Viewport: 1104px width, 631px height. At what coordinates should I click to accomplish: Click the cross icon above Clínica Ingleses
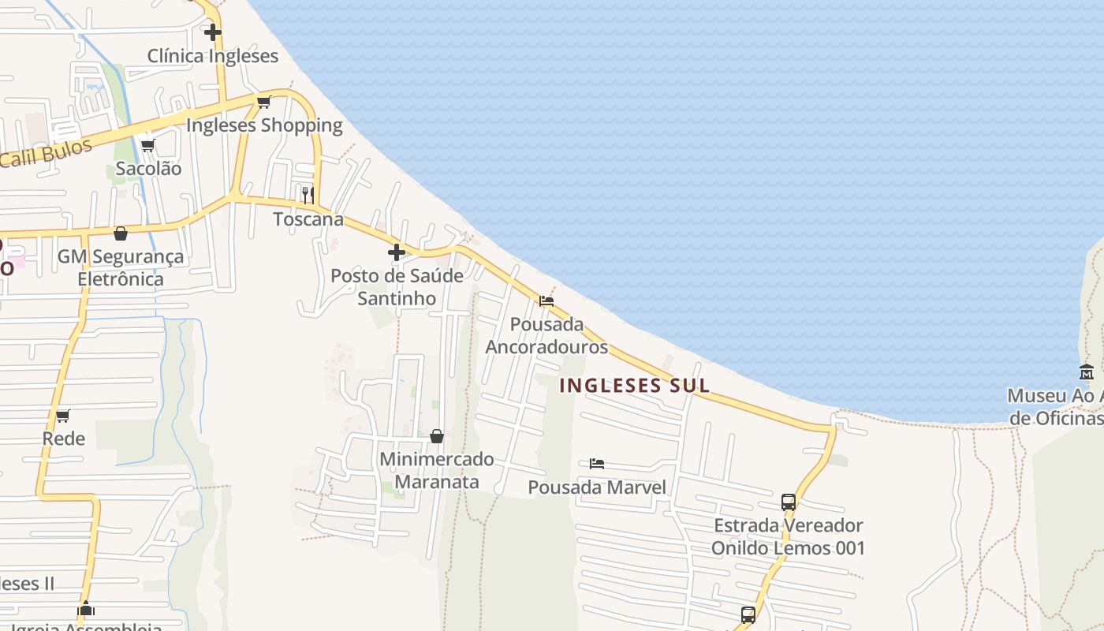point(213,32)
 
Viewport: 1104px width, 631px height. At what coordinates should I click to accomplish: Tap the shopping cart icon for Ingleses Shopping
point(264,102)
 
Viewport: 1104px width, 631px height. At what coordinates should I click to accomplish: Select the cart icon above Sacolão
point(147,145)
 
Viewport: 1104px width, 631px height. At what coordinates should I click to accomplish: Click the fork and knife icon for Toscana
point(308,194)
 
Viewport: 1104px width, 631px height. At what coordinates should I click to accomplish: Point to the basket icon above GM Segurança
point(121,233)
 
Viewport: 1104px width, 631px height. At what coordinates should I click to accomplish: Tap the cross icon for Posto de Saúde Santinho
point(397,252)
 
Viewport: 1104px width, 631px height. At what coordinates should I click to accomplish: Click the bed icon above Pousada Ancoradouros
point(546,301)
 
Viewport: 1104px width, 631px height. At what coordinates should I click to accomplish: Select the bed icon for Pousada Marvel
point(597,464)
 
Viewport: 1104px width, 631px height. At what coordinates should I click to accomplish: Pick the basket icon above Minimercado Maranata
point(437,436)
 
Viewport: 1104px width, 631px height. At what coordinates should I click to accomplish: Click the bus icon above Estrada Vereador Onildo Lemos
point(788,502)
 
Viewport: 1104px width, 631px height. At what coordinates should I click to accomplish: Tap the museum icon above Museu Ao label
point(1087,372)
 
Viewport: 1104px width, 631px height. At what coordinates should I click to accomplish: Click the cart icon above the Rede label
point(62,416)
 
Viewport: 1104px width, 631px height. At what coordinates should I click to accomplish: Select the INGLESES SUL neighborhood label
point(635,386)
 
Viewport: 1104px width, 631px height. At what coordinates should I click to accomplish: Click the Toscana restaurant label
point(308,219)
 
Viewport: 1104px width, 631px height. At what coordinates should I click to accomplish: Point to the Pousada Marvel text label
point(597,487)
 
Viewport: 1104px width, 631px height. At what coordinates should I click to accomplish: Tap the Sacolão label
point(148,168)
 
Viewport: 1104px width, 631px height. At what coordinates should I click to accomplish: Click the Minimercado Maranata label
point(437,470)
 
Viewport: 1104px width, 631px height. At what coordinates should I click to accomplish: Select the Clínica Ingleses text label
point(213,56)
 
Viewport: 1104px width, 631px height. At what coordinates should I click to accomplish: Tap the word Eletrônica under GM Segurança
point(121,278)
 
